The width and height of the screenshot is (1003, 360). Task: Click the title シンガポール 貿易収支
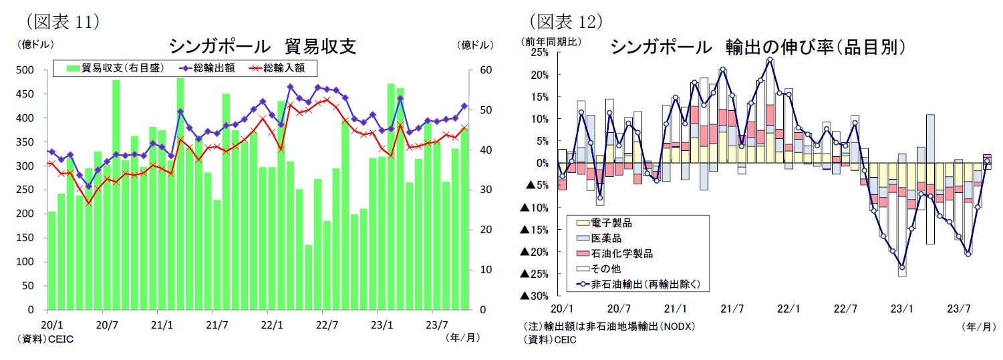pyautogui.click(x=262, y=46)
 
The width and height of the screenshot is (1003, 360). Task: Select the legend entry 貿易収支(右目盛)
pyautogui.click(x=118, y=68)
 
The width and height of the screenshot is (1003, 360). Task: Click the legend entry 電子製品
pyautogui.click(x=611, y=223)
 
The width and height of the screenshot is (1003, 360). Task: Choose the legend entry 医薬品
pyautogui.click(x=606, y=238)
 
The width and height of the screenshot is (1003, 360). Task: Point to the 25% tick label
pyautogui.click(x=539, y=53)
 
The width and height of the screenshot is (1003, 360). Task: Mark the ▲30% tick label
pyautogui.click(x=534, y=296)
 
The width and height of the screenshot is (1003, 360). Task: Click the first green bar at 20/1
pyautogui.click(x=51, y=260)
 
